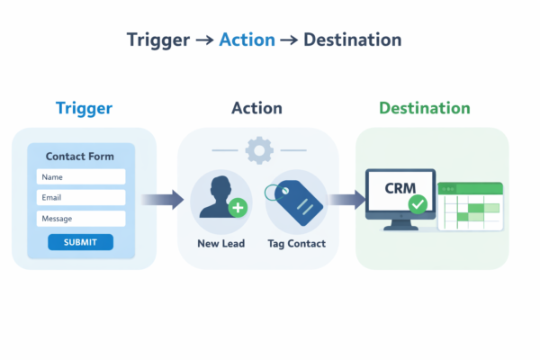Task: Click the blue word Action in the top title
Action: [247, 40]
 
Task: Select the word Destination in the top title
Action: [352, 40]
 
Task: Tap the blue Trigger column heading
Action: [84, 109]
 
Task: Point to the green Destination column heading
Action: [424, 109]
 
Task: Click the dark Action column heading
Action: [256, 109]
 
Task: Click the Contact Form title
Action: [80, 157]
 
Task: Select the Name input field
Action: [80, 177]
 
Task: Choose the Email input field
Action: [80, 198]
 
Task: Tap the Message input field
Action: [80, 219]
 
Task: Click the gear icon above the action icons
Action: [259, 149]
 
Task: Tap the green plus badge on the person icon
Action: [238, 209]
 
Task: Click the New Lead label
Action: [220, 244]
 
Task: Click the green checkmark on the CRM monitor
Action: [417, 205]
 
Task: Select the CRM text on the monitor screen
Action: [400, 189]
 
